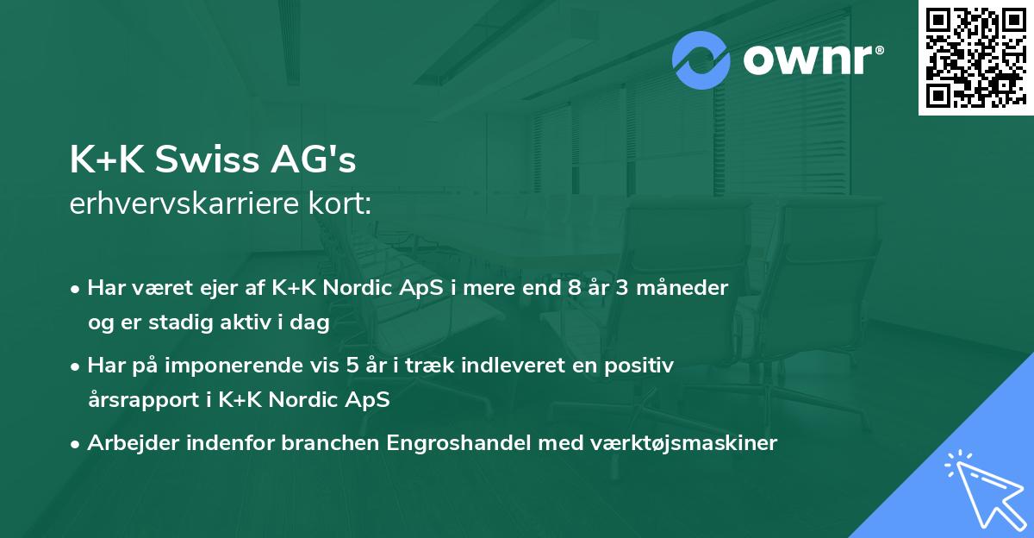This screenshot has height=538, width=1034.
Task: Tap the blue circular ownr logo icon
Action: [x=701, y=59]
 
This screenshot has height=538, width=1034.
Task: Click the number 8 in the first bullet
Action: [x=574, y=288]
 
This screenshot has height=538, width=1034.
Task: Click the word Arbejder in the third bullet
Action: [x=125, y=443]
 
